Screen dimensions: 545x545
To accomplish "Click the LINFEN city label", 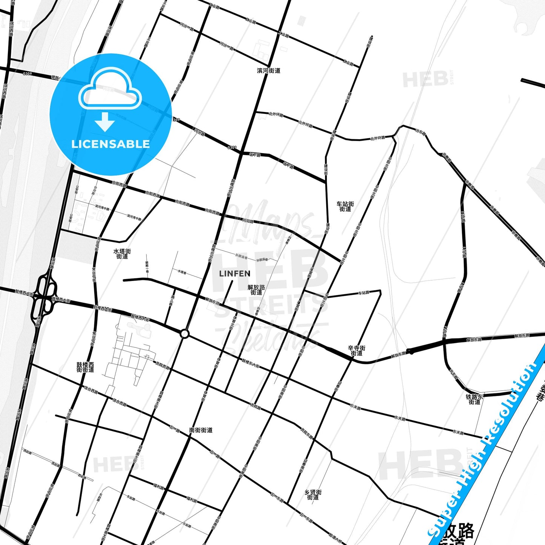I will coord(234,273).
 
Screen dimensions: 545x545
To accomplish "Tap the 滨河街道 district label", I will coord(269,71).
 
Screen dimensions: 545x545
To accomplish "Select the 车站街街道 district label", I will coord(345,206).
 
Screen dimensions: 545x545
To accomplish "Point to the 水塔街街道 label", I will coord(122,253).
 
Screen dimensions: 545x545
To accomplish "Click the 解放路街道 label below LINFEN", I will coord(256,290).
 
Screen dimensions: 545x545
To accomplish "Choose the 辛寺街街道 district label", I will coord(356,351).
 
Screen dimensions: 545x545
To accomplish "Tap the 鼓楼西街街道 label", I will coord(85,367).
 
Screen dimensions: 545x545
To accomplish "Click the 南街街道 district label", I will coord(201,430).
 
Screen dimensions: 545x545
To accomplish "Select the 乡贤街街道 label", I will coord(313,495).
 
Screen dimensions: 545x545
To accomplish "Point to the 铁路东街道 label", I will coord(474,399).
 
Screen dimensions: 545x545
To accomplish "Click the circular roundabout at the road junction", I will coord(184,334).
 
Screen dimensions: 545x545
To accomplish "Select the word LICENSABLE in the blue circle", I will coord(111,144).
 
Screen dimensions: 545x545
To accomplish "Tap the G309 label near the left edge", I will coord(27,74).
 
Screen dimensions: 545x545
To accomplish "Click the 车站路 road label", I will coord(364,293).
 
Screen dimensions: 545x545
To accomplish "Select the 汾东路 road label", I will coord(420,132).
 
